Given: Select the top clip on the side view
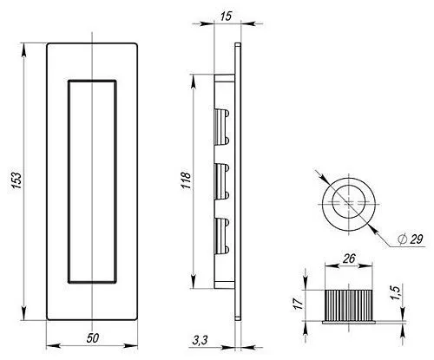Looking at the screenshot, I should (x=220, y=126).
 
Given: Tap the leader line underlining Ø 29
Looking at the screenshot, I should (x=408, y=246).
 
